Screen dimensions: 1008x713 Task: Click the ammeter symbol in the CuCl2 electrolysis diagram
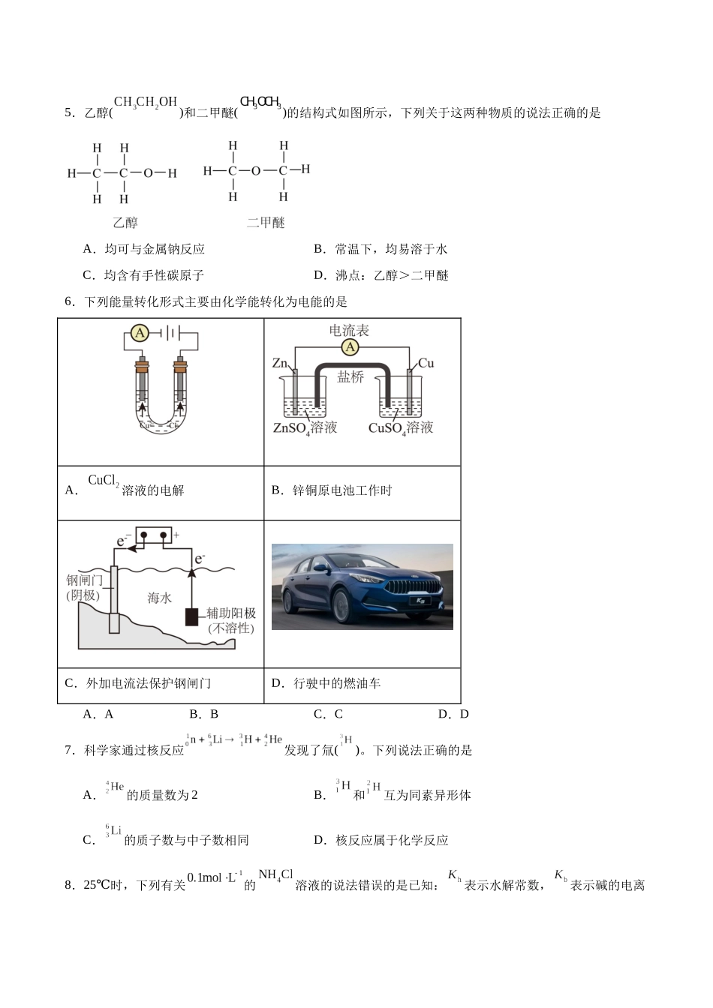pos(140,333)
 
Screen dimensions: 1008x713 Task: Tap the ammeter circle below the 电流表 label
pos(350,346)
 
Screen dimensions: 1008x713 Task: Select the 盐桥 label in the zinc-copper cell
pos(350,377)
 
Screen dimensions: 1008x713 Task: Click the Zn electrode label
pos(280,364)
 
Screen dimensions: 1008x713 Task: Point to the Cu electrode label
pos(426,364)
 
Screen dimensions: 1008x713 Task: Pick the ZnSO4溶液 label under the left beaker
pos(305,428)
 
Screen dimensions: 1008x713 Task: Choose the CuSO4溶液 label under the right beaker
pos(401,428)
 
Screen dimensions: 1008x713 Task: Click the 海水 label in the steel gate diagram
pos(159,597)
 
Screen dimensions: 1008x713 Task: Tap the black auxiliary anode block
pos(193,616)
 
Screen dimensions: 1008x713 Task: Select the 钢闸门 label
pos(84,580)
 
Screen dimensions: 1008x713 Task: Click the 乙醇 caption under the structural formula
pos(125,223)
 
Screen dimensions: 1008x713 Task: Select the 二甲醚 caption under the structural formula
pos(266,223)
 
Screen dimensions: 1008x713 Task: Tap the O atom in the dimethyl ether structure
pos(256,171)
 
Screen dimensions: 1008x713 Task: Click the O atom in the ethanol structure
pos(148,173)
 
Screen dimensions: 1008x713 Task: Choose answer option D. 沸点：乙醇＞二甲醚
pos(381,275)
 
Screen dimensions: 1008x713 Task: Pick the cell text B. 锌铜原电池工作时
pos(332,490)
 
